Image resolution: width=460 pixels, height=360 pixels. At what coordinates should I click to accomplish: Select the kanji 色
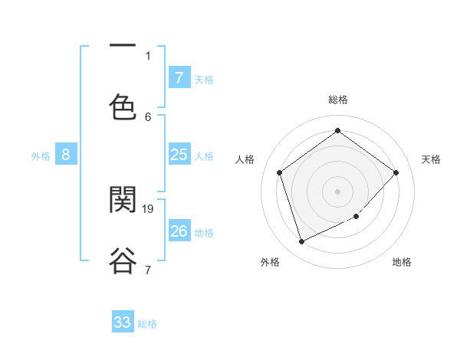pyautogui.click(x=123, y=106)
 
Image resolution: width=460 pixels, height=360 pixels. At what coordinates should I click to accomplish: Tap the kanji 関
pyautogui.click(x=123, y=199)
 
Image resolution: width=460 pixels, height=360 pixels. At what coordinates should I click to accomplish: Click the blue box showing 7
pyautogui.click(x=179, y=77)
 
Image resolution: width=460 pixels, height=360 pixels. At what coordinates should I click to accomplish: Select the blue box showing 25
pyautogui.click(x=179, y=155)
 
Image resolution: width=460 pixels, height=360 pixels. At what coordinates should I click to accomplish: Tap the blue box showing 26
pyautogui.click(x=179, y=231)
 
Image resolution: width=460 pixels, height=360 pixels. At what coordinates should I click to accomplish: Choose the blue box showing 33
pyautogui.click(x=123, y=322)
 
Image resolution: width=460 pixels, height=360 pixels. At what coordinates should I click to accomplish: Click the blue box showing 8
pyautogui.click(x=66, y=155)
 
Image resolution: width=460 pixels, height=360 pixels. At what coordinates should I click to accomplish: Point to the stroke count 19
pyautogui.click(x=149, y=208)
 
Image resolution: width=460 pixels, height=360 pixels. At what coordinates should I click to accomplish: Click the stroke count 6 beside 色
pyautogui.click(x=148, y=116)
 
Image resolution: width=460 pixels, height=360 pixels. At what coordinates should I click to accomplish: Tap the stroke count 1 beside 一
pyautogui.click(x=148, y=55)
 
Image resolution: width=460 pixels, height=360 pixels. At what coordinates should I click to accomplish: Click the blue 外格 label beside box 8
pyautogui.click(x=41, y=155)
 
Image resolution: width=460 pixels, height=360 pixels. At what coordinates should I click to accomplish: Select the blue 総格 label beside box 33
pyautogui.click(x=147, y=324)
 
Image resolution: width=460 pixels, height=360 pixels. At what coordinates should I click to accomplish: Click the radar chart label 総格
pyautogui.click(x=337, y=100)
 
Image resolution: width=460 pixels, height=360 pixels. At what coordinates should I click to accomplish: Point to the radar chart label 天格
pyautogui.click(x=431, y=159)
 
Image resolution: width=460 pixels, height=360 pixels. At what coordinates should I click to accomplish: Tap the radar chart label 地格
pyautogui.click(x=402, y=262)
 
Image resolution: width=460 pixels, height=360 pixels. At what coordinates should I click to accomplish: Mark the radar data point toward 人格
pyautogui.click(x=280, y=172)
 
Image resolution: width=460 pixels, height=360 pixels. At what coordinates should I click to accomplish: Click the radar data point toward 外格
pyautogui.click(x=301, y=242)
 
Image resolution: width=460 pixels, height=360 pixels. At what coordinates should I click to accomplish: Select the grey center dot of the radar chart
pyautogui.click(x=337, y=191)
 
